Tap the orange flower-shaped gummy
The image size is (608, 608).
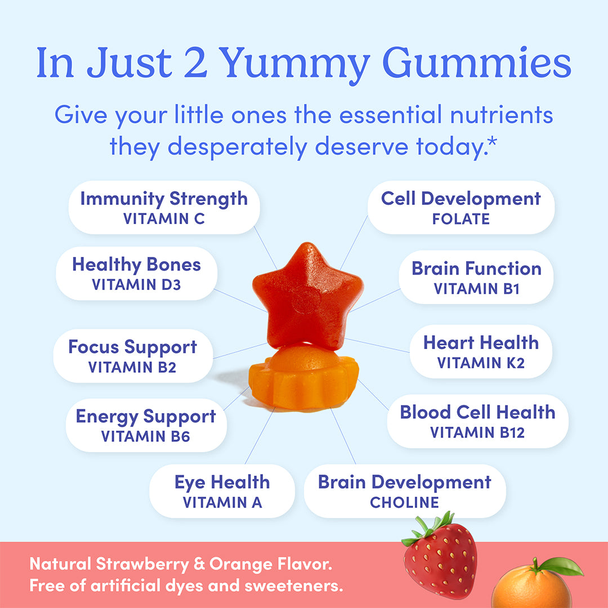[x=304, y=377]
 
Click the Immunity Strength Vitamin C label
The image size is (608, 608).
[x=164, y=207]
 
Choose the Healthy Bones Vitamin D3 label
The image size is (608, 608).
[x=136, y=274]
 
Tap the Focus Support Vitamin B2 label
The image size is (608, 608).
[x=133, y=356]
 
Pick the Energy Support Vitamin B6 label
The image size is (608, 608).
[x=146, y=425]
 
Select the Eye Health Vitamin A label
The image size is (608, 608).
[x=222, y=491]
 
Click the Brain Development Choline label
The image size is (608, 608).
[x=404, y=491]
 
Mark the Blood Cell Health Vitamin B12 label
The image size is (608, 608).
[x=477, y=421]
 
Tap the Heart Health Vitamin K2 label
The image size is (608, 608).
[x=481, y=352]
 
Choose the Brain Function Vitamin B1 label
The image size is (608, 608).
[x=476, y=278]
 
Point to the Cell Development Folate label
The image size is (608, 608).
[x=461, y=207]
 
